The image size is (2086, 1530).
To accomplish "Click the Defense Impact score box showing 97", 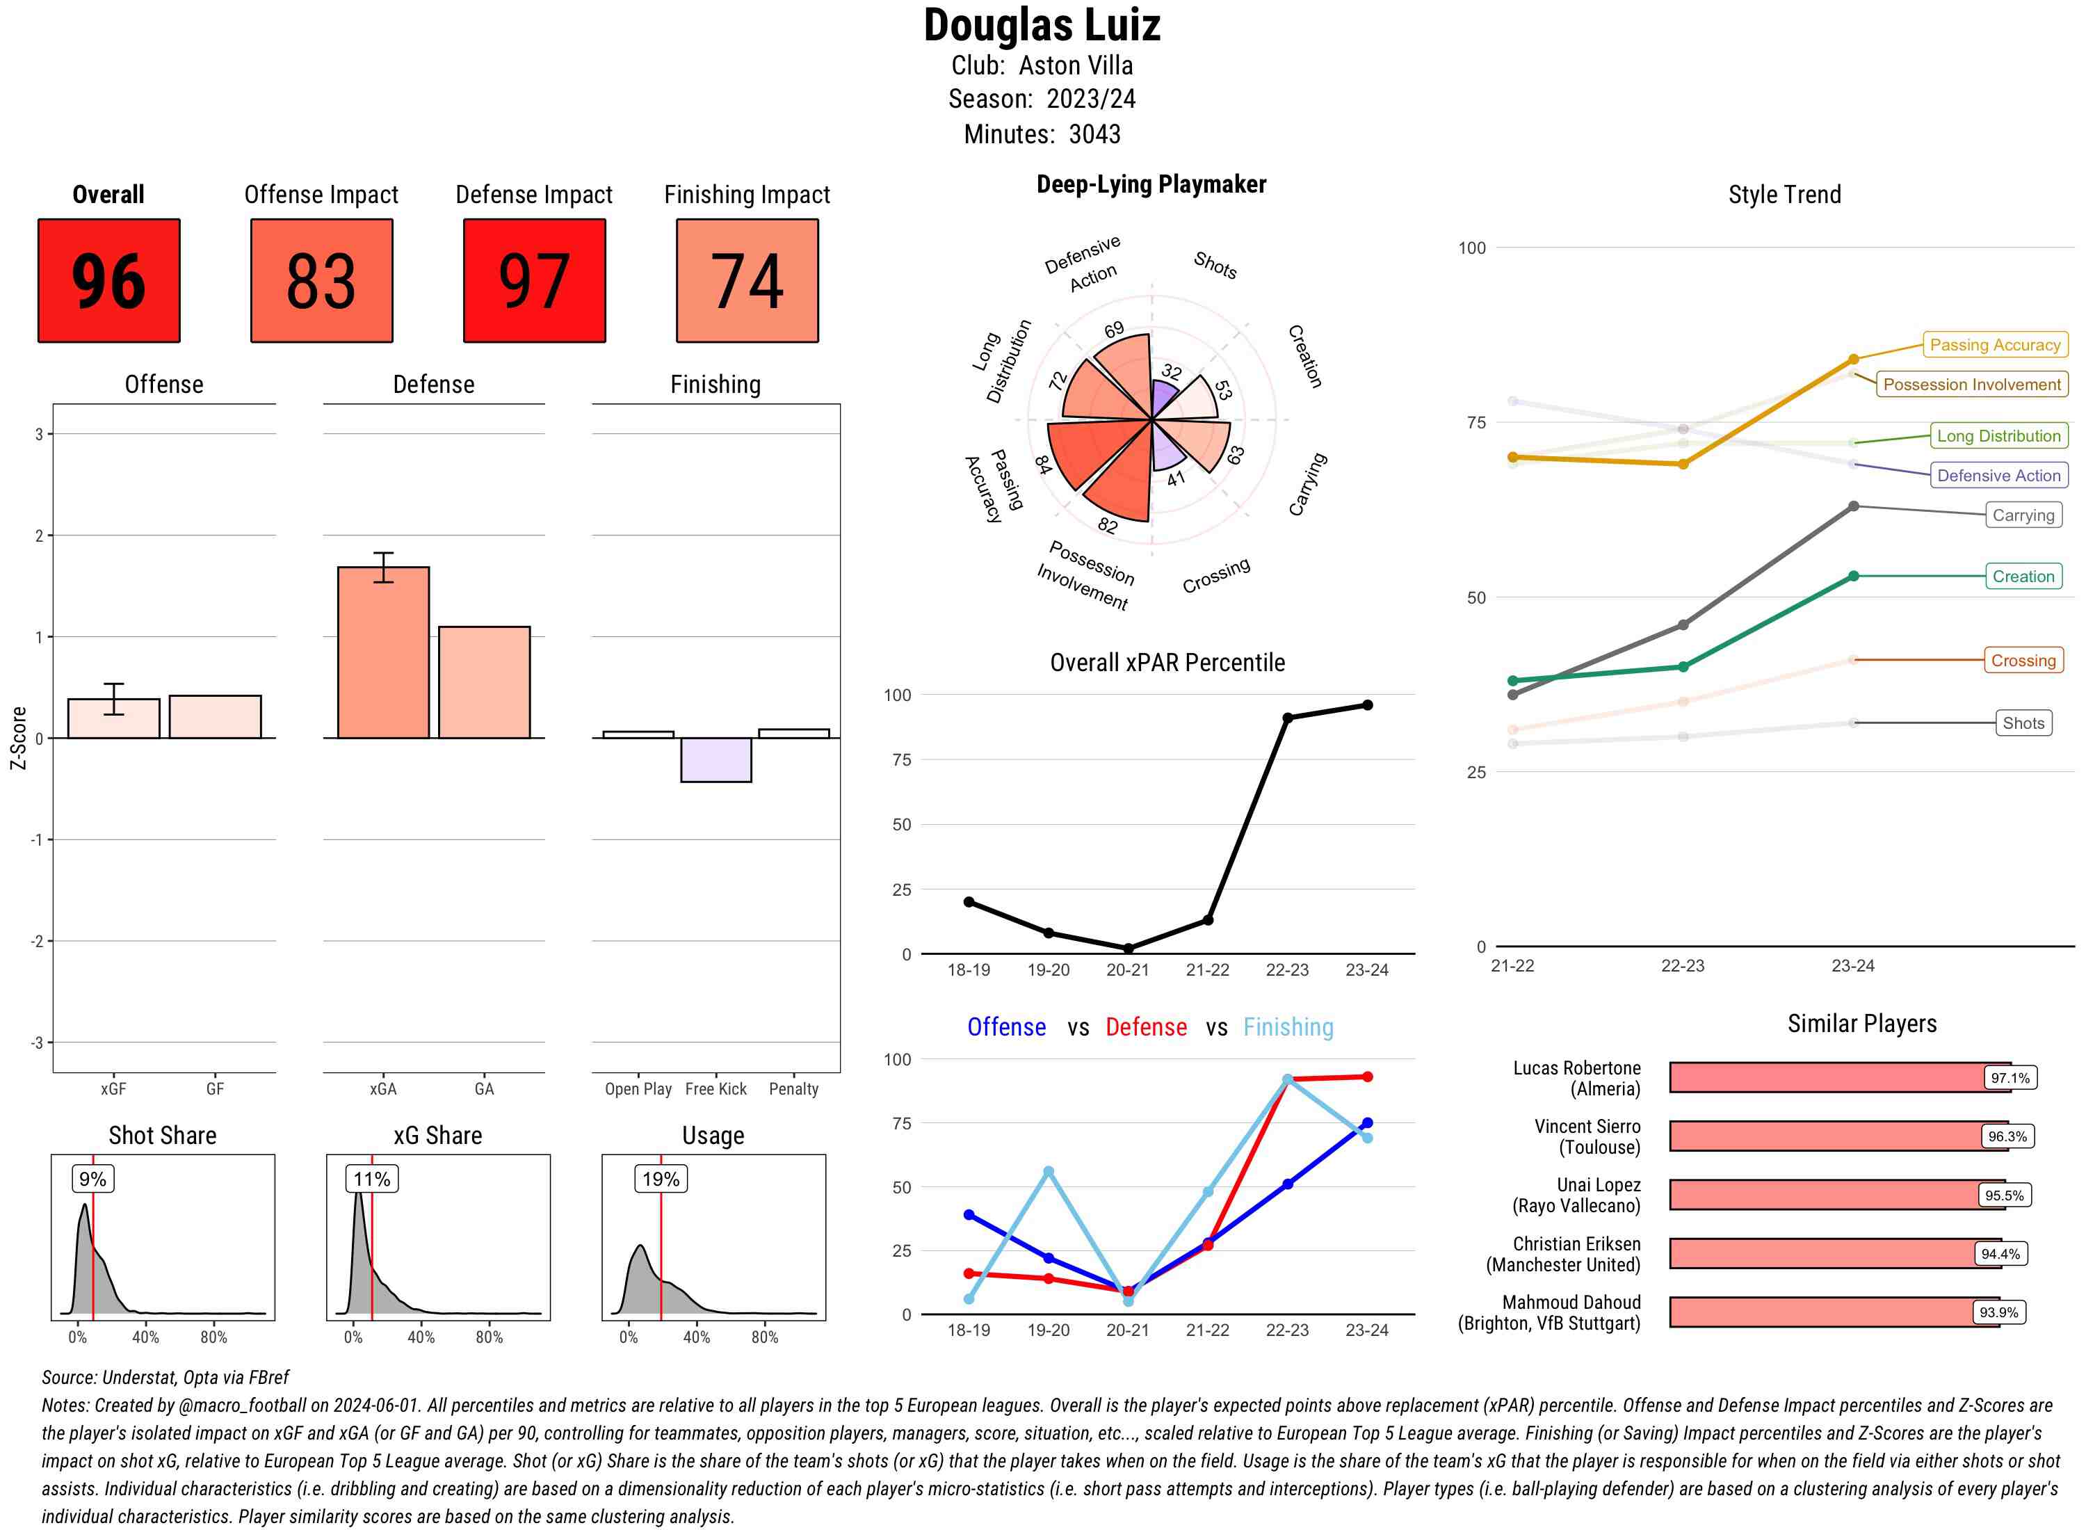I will tap(534, 281).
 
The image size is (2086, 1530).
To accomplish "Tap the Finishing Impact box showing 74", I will tap(747, 281).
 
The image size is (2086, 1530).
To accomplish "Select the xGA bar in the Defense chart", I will tap(383, 653).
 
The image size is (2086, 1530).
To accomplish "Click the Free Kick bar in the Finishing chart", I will tap(715, 759).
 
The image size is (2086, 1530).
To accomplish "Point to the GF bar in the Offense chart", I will tap(215, 717).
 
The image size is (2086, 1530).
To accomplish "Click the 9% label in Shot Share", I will tap(92, 1179).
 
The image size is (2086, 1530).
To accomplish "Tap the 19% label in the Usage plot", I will tap(661, 1179).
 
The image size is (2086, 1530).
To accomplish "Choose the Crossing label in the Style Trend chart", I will tap(2023, 661).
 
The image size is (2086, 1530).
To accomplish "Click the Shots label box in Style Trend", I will tap(2023, 723).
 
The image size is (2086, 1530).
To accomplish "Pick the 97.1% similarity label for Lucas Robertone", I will tap(2010, 1078).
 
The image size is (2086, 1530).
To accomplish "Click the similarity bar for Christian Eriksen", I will tap(1833, 1254).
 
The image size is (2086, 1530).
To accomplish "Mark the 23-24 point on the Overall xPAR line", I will tap(1368, 704).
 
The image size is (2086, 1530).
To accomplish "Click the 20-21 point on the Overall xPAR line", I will tap(1128, 949).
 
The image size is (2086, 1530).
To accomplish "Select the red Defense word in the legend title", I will tap(1145, 1027).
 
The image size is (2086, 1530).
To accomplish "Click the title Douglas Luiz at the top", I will tap(1042, 26).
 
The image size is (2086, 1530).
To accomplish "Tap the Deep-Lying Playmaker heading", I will tap(1151, 184).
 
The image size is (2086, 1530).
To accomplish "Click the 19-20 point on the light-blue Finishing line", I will tap(1048, 1172).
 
